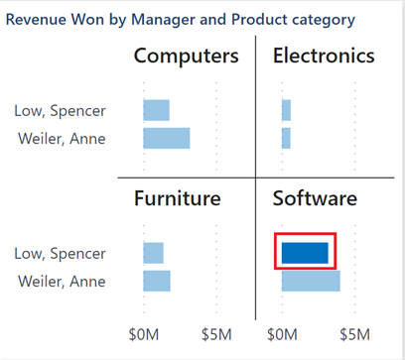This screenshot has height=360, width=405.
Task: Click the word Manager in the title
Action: click(173, 19)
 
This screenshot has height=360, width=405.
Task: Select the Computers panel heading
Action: click(187, 57)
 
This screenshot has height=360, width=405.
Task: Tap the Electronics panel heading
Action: click(324, 57)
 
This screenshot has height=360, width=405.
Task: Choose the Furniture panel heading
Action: click(177, 199)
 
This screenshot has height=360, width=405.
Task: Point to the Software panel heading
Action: click(315, 199)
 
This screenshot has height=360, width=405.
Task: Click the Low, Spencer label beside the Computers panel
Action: click(60, 111)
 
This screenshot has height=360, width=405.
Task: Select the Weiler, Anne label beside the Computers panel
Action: click(62, 138)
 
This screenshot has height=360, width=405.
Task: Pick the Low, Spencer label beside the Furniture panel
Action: click(60, 254)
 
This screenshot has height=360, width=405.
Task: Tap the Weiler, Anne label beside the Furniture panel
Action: click(62, 281)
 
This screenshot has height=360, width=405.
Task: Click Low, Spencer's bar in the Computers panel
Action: click(156, 110)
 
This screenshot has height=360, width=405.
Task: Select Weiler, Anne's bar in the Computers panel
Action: click(166, 138)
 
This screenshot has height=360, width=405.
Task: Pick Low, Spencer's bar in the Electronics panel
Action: click(286, 110)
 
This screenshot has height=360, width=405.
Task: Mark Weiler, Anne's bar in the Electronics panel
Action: click(286, 138)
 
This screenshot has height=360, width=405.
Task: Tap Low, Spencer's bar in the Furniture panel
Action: click(153, 253)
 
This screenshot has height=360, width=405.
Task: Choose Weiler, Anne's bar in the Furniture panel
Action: click(157, 281)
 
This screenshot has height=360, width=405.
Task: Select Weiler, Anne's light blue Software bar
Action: click(311, 281)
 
